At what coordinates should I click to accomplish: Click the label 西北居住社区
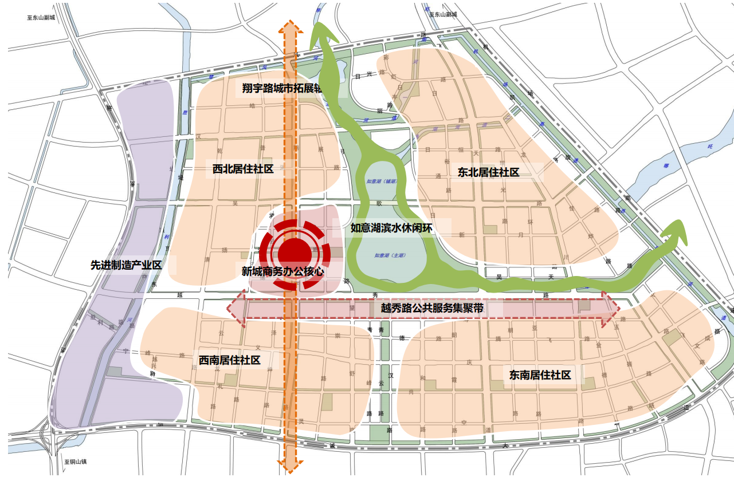point(243,169)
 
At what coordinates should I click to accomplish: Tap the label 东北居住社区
point(488,172)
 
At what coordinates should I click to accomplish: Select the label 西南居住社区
point(230,360)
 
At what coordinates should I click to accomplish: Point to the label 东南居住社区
point(540,375)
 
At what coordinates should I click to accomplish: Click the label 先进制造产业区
point(127,265)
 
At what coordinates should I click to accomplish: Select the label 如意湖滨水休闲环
point(391,228)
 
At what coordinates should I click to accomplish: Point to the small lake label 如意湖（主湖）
point(390,256)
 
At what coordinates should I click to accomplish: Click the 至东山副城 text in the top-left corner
point(41,18)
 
